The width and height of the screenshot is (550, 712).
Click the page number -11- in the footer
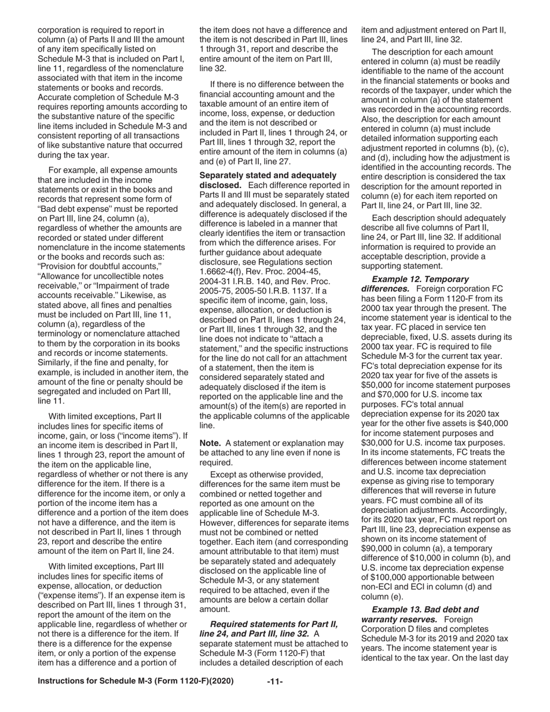point(274,681)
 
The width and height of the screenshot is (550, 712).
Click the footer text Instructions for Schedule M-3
point(135,681)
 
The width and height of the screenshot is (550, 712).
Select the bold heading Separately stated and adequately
point(267,175)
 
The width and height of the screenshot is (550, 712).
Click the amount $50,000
point(379,385)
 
